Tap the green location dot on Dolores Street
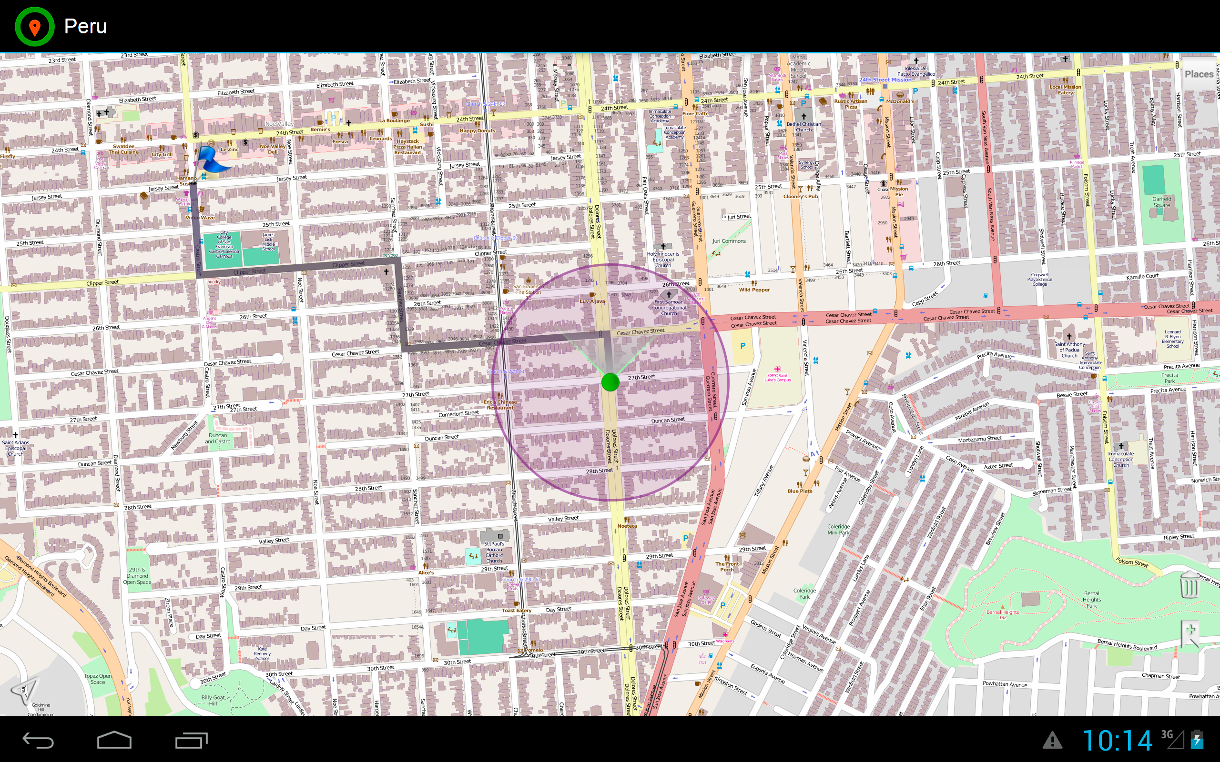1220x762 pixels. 610,382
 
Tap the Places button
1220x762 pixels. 1199,74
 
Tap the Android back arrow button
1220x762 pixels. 38,740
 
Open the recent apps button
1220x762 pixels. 191,740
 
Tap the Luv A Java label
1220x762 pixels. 592,301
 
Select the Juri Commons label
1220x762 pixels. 729,241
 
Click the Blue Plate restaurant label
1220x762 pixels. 800,491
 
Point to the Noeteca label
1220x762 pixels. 627,526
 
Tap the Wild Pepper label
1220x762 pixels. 754,290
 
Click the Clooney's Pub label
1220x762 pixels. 801,197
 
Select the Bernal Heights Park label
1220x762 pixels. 1091,599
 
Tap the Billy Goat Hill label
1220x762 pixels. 213,701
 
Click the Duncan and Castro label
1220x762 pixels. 217,439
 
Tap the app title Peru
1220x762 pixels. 85,26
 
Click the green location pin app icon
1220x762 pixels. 34,26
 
